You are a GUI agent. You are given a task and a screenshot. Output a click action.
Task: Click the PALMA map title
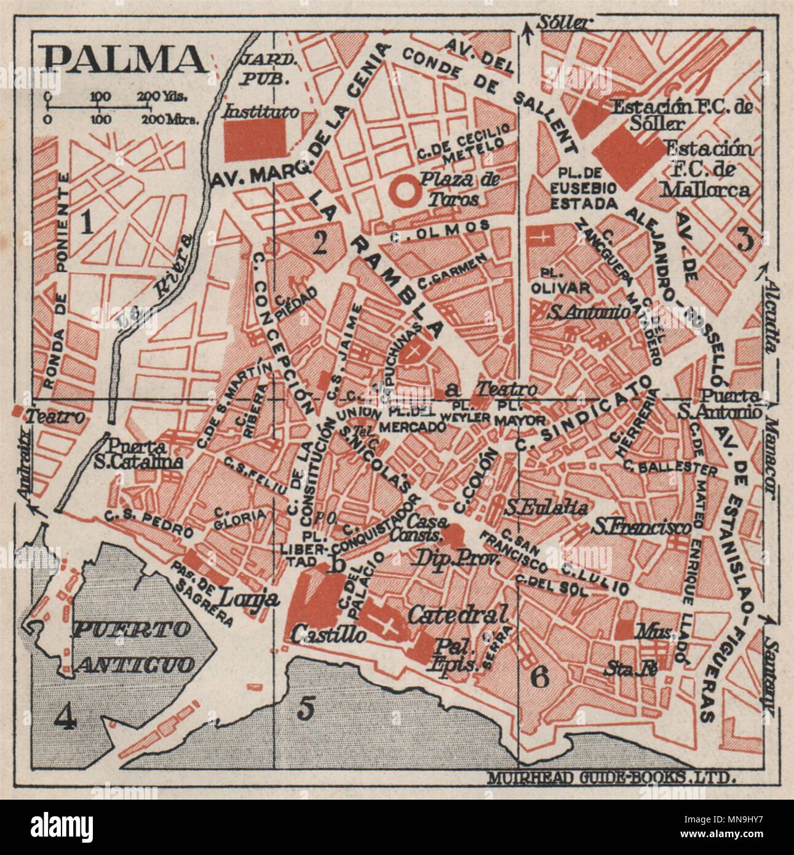point(125,59)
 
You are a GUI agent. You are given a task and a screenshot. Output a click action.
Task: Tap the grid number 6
point(539,678)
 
